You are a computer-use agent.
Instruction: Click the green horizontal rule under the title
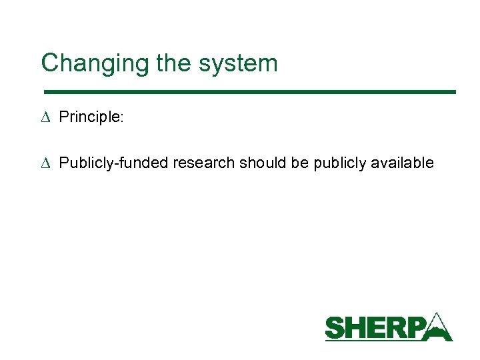249,91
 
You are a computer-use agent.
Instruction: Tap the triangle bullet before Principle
45,117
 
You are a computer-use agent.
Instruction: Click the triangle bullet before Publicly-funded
45,163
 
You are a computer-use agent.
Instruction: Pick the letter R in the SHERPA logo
396,329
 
